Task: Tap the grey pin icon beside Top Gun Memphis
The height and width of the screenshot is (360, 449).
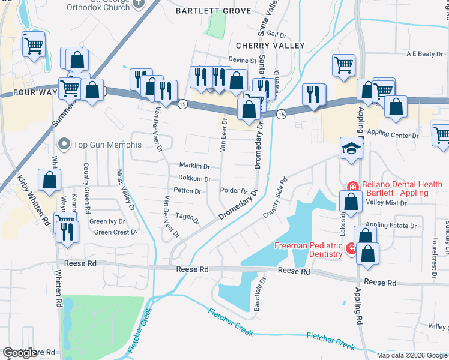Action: point(65,145)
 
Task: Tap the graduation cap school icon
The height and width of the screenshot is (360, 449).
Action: point(351,149)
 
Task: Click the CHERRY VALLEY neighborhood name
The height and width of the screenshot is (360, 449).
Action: point(270,46)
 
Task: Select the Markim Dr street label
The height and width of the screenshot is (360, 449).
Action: point(194,166)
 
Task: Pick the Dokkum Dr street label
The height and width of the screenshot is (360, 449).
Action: point(194,178)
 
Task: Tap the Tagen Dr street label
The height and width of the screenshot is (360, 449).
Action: point(188,218)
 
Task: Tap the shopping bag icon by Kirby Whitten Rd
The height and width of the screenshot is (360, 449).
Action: point(49,179)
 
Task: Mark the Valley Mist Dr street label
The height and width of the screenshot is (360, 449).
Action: point(387,203)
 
